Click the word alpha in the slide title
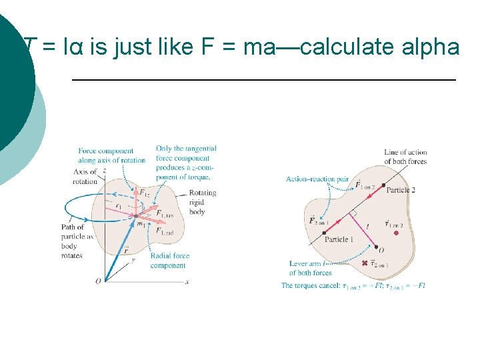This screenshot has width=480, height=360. [432, 47]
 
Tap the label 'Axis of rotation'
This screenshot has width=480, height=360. [85, 177]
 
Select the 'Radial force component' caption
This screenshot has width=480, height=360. [170, 260]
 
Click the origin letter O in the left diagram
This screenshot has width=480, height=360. [98, 281]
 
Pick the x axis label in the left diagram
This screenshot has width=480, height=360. [187, 282]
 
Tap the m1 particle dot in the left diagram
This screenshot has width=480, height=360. [135, 215]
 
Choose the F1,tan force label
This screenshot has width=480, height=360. [164, 215]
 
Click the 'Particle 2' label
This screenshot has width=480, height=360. [401, 190]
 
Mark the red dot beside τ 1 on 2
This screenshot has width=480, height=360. [396, 233]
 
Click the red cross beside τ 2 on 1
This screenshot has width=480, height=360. [364, 263]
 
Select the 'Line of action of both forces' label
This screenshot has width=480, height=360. [405, 157]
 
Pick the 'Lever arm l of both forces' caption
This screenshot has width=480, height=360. [311, 268]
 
